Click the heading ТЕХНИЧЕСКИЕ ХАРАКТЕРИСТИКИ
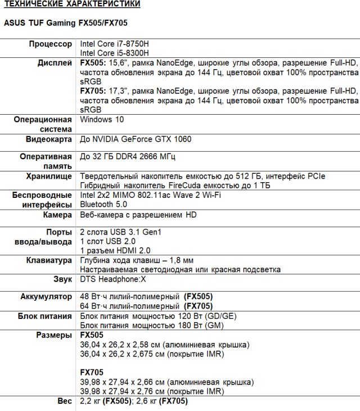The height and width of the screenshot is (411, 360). pos(72,4)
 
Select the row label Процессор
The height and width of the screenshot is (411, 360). pos(51,44)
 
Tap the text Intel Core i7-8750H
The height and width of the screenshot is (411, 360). pos(115,44)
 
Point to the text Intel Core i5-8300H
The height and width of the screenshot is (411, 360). pos(115,53)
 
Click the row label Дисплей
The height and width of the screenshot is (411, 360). pos(55,63)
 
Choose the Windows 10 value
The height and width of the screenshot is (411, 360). pos(102,119)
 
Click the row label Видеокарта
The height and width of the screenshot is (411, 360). pos(49,138)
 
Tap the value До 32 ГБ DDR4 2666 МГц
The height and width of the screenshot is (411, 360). pos(132,157)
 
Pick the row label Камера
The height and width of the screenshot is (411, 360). pos(57,215)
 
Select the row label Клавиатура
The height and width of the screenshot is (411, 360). pos(49,260)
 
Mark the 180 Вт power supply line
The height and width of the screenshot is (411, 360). pos(152,326)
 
